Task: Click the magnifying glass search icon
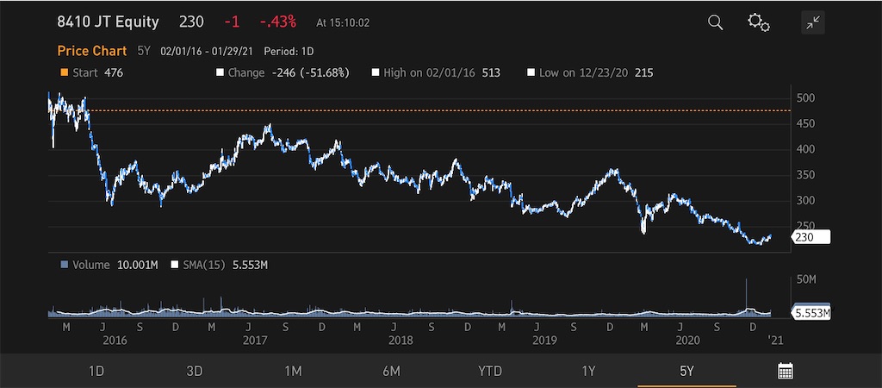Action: (716, 22)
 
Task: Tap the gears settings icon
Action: (758, 22)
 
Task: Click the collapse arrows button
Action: (813, 22)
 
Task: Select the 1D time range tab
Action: (96, 371)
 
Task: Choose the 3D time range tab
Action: (194, 371)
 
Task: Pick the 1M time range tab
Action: (293, 371)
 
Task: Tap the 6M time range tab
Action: (391, 371)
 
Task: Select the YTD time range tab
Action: (489, 371)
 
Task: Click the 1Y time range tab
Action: (587, 371)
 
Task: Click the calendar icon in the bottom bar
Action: (786, 371)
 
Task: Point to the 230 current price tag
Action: (811, 237)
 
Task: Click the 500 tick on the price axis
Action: (806, 98)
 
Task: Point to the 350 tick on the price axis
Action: (806, 175)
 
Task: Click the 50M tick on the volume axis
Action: (807, 279)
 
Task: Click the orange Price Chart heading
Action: (91, 51)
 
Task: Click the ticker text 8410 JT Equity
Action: (108, 22)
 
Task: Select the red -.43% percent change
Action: (278, 22)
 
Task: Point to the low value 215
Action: (643, 72)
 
